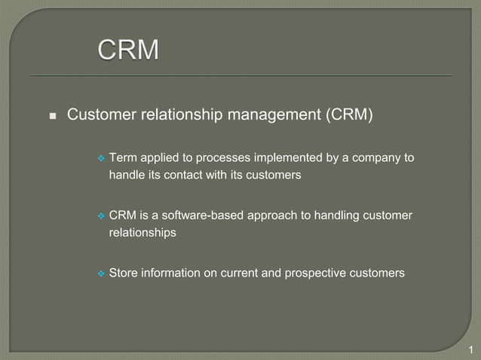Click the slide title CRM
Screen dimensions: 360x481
pyautogui.click(x=128, y=50)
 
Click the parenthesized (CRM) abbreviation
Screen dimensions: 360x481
pyautogui.click(x=349, y=115)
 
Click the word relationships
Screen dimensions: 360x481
pyautogui.click(x=142, y=233)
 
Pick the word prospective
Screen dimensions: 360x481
pyautogui.click(x=317, y=273)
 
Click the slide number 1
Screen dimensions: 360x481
pyautogui.click(x=470, y=349)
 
